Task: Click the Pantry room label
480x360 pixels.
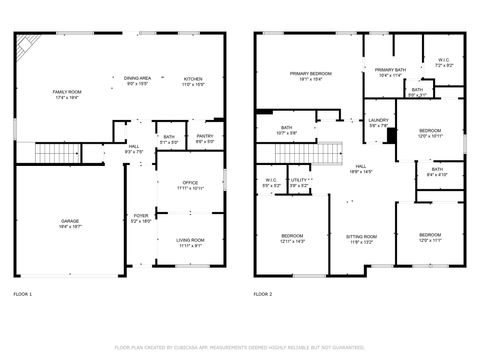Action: pyautogui.click(x=204, y=138)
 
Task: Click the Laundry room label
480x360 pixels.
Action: pyautogui.click(x=377, y=122)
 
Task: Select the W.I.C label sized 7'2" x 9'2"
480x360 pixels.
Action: pyautogui.click(x=444, y=62)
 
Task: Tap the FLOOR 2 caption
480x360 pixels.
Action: pyautogui.click(x=262, y=295)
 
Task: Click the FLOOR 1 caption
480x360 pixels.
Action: pyautogui.click(x=22, y=295)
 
